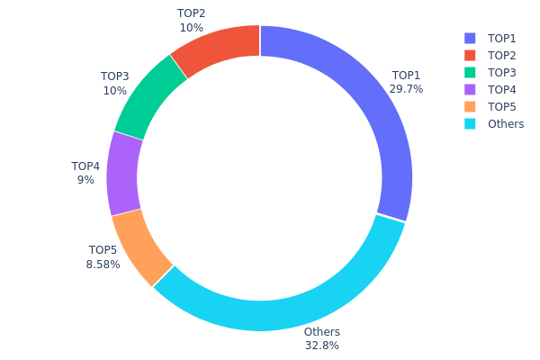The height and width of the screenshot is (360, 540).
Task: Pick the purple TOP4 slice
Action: pos(123,174)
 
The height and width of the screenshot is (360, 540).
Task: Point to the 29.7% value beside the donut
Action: pos(406,89)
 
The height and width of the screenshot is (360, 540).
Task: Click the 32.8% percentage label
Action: pos(322,346)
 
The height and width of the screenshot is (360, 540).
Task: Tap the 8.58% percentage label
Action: pos(103,264)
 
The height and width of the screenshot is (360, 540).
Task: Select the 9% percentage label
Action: pos(85,180)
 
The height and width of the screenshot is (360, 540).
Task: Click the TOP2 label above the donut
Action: pos(191,13)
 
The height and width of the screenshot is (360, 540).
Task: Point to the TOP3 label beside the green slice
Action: pos(115,77)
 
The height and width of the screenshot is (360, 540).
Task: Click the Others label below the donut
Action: pos(322,332)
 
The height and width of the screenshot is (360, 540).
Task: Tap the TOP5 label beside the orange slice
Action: pos(103,250)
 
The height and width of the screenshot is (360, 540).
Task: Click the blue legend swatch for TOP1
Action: pos(470,38)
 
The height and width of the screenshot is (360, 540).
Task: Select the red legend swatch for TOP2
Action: pos(470,55)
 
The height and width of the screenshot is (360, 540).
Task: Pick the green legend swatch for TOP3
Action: pos(470,72)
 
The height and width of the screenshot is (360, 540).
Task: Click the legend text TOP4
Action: pos(502,89)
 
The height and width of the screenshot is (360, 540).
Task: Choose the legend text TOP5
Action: pos(502,106)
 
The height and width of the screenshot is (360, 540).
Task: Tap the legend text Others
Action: pos(506,123)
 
